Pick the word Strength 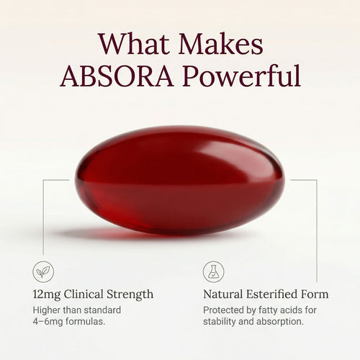click(x=133, y=295)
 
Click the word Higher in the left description click(x=49, y=310)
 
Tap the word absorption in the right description click(x=284, y=323)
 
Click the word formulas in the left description click(x=93, y=323)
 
